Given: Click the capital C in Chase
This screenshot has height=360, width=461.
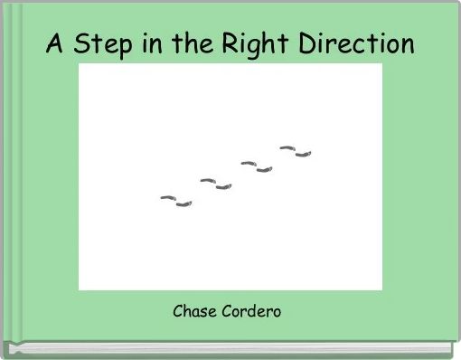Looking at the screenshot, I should point(178,312).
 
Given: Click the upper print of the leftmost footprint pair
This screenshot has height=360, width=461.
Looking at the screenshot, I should point(167,196).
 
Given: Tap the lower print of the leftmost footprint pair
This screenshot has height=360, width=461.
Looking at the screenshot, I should point(183,204).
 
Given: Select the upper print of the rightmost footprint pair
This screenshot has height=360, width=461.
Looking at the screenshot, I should point(287,147).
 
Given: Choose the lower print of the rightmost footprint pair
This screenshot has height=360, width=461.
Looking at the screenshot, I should point(304,154).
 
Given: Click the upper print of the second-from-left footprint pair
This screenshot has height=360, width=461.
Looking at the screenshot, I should point(207,181).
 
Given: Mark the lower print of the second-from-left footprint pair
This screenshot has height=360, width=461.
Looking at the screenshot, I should point(223,187).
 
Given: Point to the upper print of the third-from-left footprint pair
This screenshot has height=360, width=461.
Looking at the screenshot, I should point(248,163).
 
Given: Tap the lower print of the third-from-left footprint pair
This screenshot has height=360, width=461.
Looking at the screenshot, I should point(264,169).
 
